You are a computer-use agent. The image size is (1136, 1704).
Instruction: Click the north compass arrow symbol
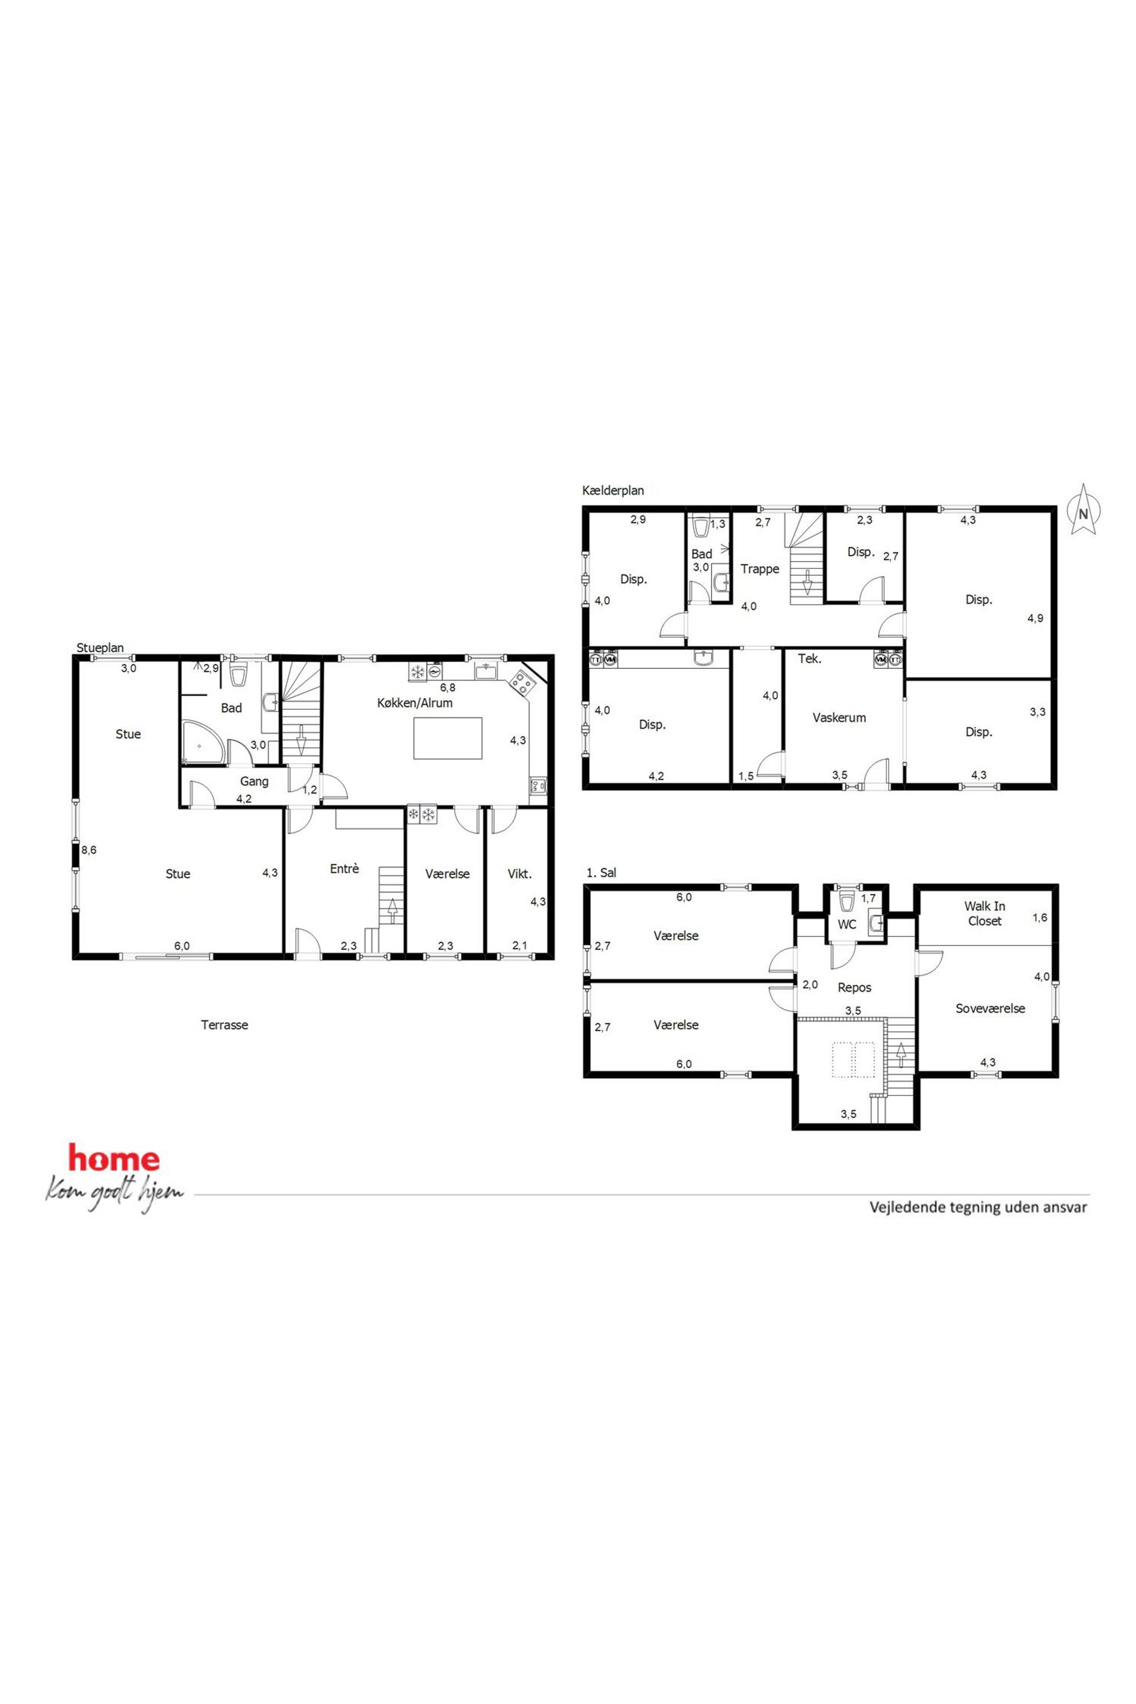1083,510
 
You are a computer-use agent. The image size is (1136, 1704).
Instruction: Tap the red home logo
114,1158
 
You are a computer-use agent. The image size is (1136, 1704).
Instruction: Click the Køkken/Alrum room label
415,703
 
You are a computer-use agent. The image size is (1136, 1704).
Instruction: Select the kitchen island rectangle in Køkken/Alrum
448,738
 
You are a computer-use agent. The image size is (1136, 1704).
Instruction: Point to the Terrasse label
224,1024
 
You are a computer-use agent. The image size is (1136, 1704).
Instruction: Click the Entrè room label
344,869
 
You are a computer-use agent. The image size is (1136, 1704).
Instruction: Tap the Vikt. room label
519,874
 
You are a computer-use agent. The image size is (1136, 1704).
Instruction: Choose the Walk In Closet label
985,914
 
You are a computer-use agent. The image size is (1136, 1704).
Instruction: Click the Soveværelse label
991,1008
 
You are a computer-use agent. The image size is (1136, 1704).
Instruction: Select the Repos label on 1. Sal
854,988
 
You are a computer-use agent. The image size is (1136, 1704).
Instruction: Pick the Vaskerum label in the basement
839,717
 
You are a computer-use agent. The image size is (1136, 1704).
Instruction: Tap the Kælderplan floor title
613,491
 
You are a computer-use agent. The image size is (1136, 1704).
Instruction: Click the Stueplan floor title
101,647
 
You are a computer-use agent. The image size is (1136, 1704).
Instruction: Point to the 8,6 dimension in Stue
88,850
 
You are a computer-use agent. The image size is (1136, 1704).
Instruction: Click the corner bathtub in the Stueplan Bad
200,741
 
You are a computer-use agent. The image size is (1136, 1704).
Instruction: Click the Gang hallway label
254,781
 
